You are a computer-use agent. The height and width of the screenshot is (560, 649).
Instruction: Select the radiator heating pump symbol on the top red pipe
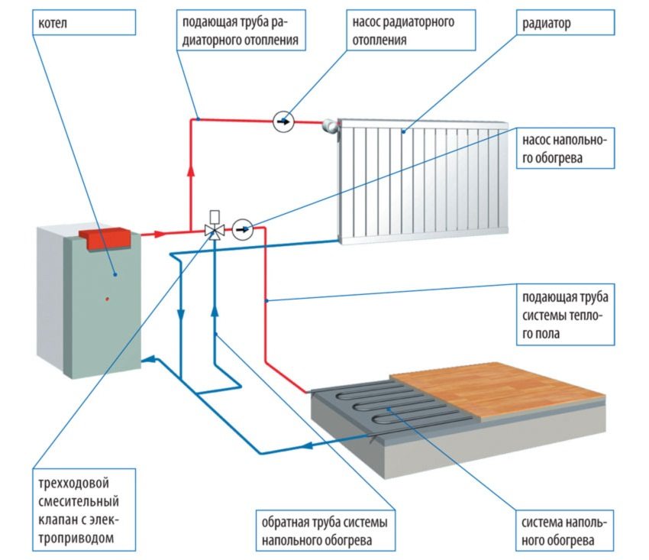(x=283, y=121)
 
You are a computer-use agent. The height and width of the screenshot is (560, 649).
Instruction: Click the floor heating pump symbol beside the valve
(x=243, y=228)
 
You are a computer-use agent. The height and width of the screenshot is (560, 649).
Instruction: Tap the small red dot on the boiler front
(x=108, y=297)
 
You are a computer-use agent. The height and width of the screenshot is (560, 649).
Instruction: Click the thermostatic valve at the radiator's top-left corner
(x=330, y=123)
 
